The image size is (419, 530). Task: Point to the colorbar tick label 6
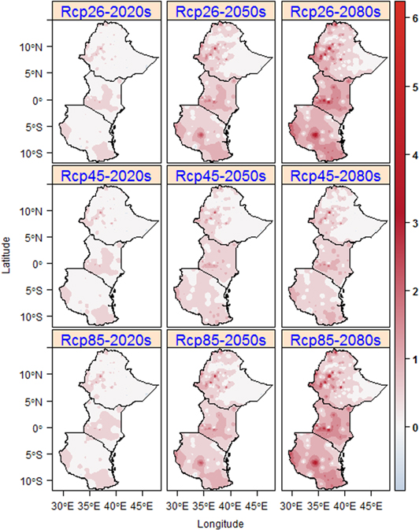(406, 18)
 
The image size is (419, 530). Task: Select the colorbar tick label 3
(406, 222)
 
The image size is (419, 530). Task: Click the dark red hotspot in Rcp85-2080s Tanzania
(316, 462)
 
